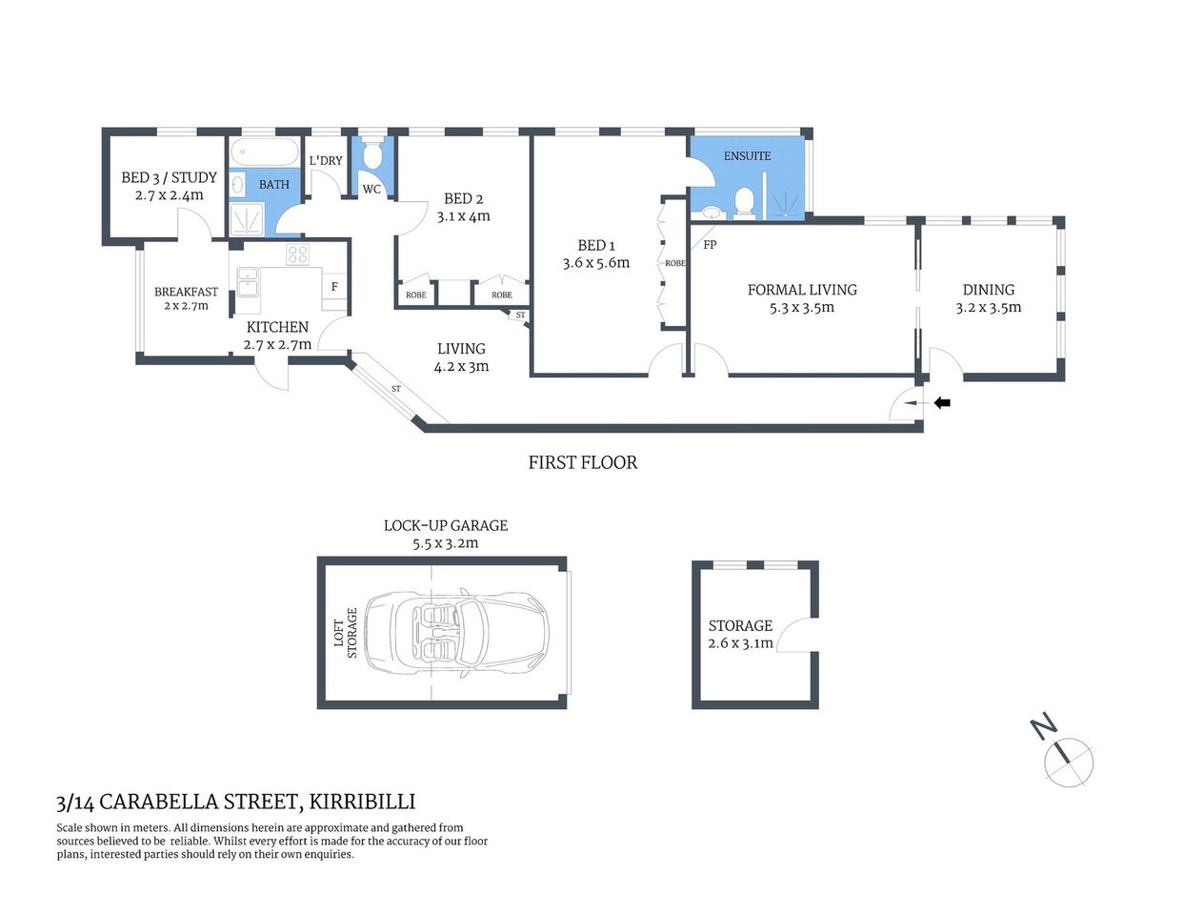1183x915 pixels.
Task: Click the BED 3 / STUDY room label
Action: click(x=169, y=177)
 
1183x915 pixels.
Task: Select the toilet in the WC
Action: click(x=373, y=154)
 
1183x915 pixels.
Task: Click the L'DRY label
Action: click(x=326, y=160)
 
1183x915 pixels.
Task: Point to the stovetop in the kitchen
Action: click(x=297, y=254)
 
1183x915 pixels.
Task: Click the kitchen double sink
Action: click(x=248, y=282)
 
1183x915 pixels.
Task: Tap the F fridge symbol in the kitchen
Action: click(x=334, y=286)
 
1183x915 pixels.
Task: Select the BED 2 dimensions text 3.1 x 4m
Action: click(x=464, y=216)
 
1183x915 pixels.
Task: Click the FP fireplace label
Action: click(x=710, y=245)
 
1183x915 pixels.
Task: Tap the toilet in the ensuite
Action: click(x=745, y=201)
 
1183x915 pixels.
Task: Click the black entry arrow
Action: click(x=942, y=403)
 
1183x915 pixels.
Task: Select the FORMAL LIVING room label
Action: click(x=802, y=290)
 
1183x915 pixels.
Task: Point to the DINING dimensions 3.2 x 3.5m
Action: click(x=989, y=308)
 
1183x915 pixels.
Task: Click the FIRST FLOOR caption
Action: click(x=583, y=462)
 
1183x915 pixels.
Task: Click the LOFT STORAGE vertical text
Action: click(x=346, y=633)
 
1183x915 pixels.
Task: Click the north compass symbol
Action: click(x=1068, y=762)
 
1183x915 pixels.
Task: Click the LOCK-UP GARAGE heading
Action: click(x=446, y=525)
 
